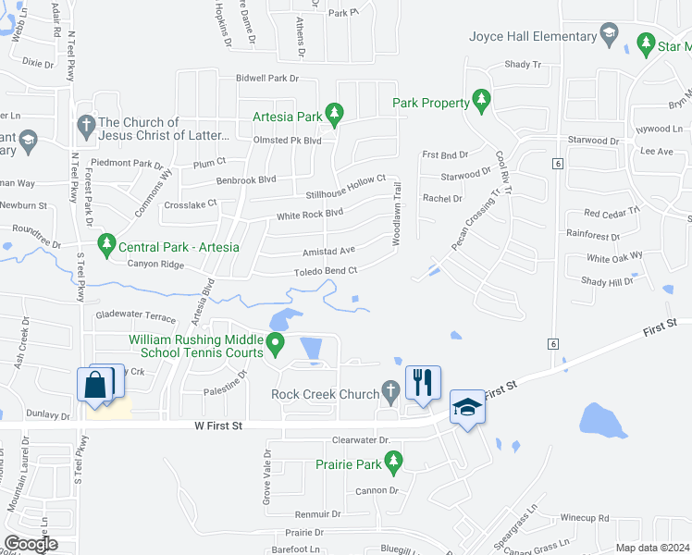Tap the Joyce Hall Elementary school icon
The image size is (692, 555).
point(609,36)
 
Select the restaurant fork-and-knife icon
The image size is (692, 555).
point(423,382)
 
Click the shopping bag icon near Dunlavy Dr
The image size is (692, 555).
point(97,384)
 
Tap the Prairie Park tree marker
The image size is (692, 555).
point(393,460)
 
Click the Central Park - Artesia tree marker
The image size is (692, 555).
point(106,246)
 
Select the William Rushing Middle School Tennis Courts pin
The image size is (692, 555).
point(275,345)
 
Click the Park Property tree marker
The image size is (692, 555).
point(480,101)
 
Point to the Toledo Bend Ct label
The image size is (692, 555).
point(326,270)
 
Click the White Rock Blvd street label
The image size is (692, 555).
point(310,215)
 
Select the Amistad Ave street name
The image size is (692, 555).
point(328,251)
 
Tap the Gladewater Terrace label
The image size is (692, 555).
point(135,316)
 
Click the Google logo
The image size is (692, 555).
point(31,544)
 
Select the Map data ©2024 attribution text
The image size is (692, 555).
point(652,548)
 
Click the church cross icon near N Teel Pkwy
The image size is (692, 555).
point(86,124)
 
